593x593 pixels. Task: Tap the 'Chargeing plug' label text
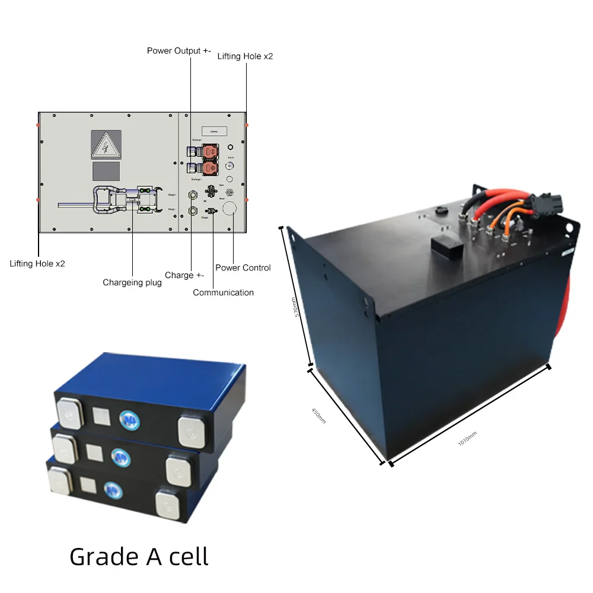point(132,282)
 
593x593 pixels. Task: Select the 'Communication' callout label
point(223,292)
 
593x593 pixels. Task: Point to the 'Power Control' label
point(243,267)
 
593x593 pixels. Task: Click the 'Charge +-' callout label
point(188,275)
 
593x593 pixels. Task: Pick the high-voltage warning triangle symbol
point(106,145)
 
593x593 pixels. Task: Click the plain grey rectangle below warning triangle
point(106,172)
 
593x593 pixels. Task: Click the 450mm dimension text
point(318,415)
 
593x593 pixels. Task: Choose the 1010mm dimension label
point(467,439)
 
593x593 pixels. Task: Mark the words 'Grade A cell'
point(139,557)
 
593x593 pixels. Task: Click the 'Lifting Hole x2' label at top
point(245,56)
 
